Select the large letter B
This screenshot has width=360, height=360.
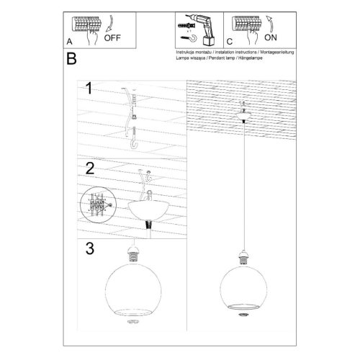tap(71, 59)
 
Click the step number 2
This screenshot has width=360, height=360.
tap(89, 170)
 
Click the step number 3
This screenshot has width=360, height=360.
tap(89, 250)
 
